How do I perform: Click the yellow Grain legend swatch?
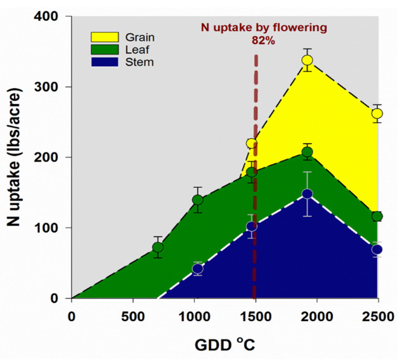105,37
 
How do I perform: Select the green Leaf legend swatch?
105,50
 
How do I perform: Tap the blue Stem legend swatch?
105,62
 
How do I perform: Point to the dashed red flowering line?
255,185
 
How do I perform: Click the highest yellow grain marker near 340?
307,60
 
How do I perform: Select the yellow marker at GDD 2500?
377,113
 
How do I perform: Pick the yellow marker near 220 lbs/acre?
252,143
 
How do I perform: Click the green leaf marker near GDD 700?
158,247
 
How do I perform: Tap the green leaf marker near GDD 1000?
198,200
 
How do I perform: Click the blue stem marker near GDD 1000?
198,269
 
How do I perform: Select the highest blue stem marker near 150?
307,194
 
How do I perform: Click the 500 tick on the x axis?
133,317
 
